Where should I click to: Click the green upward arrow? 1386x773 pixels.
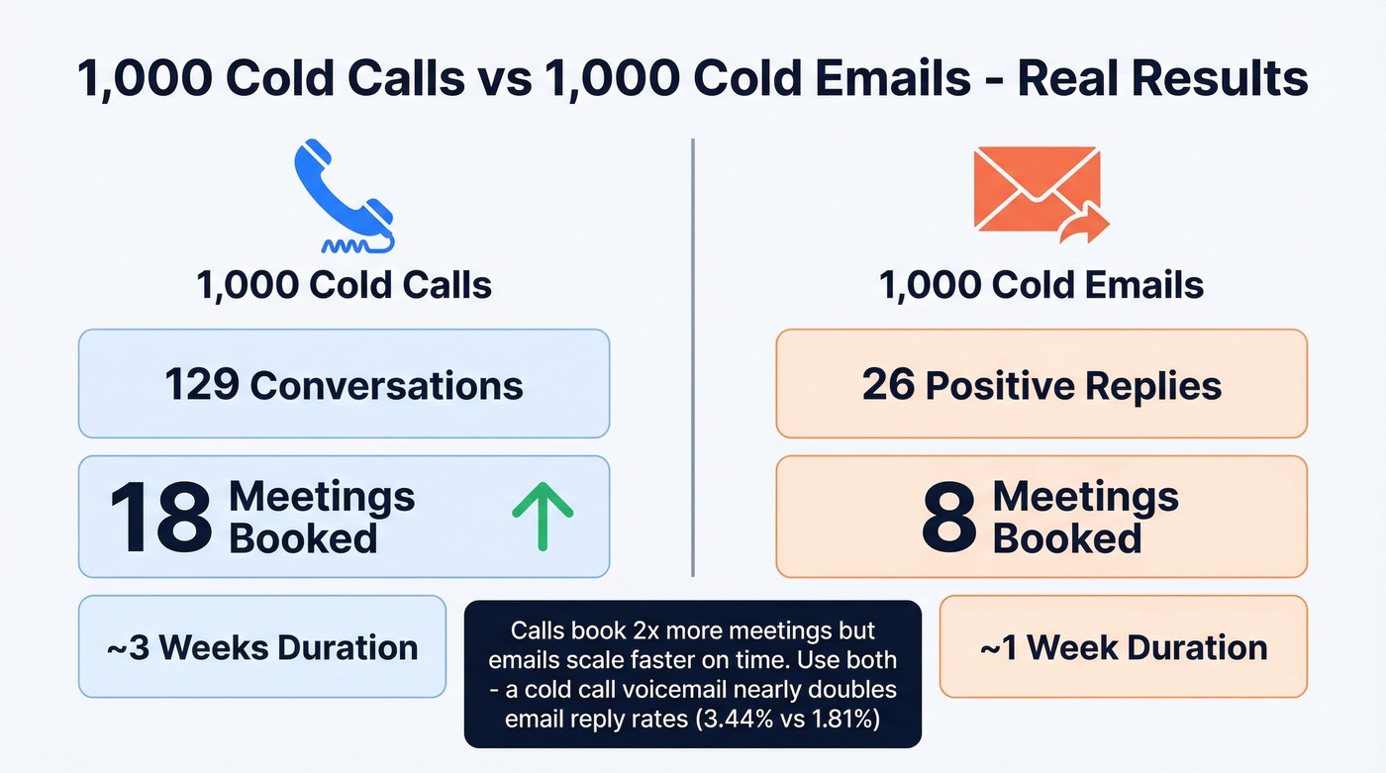tap(543, 516)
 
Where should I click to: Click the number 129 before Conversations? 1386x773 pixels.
tap(202, 385)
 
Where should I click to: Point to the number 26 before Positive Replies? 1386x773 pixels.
tap(888, 385)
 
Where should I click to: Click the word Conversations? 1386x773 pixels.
tap(387, 385)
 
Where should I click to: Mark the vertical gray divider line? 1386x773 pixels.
tap(693, 356)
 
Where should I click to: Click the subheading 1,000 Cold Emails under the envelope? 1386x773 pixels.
tap(1041, 286)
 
